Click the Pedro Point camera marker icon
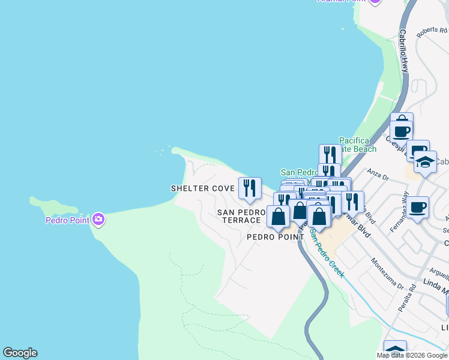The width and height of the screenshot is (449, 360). tap(99, 220)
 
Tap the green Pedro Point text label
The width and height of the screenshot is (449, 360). tap(68, 220)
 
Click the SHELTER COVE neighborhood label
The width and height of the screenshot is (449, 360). tap(202, 188)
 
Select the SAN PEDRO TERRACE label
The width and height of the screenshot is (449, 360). tap(241, 216)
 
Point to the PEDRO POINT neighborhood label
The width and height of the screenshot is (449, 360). tap(276, 237)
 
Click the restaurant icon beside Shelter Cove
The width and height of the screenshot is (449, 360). tap(250, 189)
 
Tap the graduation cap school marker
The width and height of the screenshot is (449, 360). tap(424, 163)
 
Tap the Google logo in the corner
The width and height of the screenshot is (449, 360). tap(20, 353)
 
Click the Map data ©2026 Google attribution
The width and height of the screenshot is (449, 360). tap(412, 355)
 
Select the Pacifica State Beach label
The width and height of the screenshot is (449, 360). tap(358, 145)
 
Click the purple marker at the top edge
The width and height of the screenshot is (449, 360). tap(375, 2)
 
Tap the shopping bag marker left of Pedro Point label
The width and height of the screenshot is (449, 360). tap(278, 217)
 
